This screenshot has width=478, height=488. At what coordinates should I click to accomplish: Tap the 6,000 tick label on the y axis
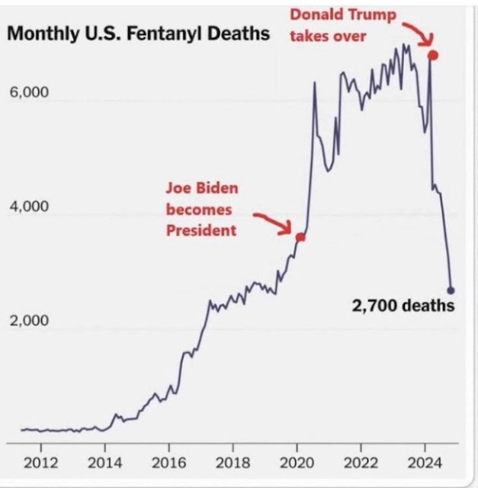[29, 93]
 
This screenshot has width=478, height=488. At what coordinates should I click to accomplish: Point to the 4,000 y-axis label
[29, 207]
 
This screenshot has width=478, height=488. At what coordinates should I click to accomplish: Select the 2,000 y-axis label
[29, 320]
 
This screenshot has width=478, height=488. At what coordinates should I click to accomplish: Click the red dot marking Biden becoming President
[300, 237]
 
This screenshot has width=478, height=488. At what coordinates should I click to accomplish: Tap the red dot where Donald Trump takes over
[433, 55]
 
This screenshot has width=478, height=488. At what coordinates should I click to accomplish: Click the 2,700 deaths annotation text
[403, 307]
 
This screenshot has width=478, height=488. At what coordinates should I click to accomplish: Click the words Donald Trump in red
[343, 15]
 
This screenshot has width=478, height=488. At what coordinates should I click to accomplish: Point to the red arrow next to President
[273, 222]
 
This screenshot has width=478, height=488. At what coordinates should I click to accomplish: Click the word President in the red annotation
[201, 230]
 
